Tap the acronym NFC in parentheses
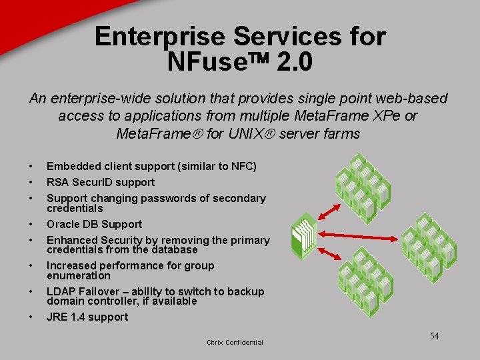tap(239, 166)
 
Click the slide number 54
tap(434, 336)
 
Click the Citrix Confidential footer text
tap(235, 343)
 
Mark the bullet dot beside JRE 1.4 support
tap(31, 317)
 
